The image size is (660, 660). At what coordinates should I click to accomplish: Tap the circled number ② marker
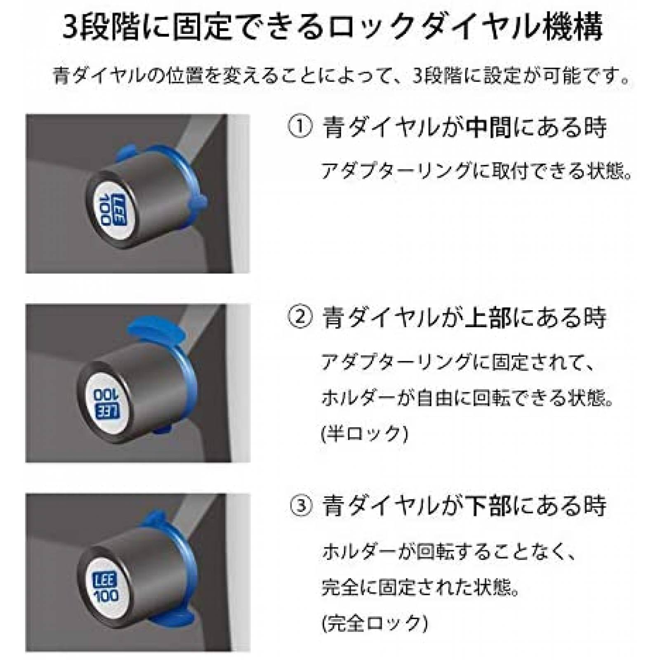300,318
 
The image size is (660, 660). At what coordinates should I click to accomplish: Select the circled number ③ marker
302,506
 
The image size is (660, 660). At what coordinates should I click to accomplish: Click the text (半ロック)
364,434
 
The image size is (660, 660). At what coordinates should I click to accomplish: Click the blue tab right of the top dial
197,202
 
